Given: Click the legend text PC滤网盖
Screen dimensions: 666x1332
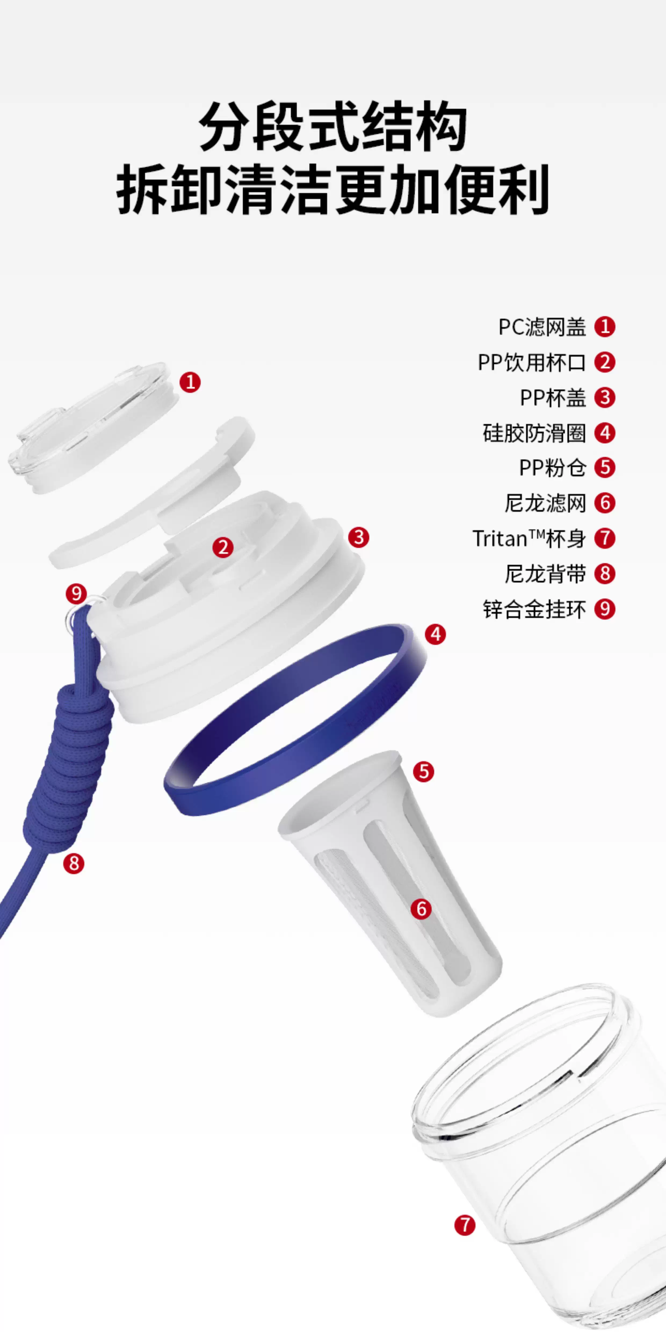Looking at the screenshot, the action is point(542,327).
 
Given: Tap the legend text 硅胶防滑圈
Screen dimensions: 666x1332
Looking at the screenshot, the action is point(534,433).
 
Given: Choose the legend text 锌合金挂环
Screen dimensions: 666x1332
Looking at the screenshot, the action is point(534,609).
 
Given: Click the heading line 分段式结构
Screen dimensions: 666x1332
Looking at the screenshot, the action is point(333,127).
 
